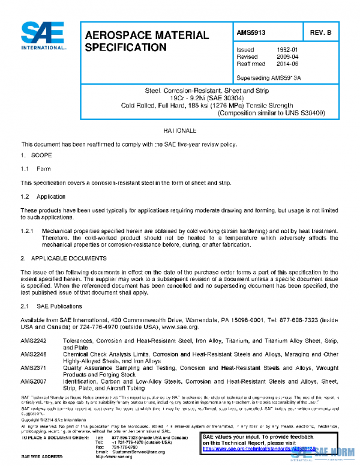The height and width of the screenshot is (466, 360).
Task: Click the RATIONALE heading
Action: (x=180, y=130)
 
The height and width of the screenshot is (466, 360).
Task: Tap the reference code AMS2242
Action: (x=33, y=340)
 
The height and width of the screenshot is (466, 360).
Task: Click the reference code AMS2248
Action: (x=33, y=354)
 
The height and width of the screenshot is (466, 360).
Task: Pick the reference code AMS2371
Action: (x=33, y=368)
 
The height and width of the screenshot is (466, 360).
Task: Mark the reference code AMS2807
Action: (x=33, y=381)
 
